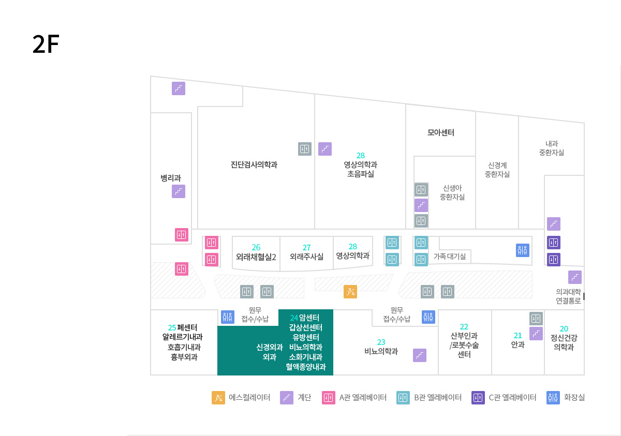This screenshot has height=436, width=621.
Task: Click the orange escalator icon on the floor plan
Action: tap(350, 292)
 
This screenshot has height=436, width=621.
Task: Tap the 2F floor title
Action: tap(46, 45)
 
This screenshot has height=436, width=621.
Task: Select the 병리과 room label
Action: tap(171, 178)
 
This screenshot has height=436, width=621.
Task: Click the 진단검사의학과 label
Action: tap(254, 165)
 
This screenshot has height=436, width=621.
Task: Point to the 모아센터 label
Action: tap(440, 132)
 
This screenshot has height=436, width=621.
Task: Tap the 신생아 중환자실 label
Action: tap(452, 192)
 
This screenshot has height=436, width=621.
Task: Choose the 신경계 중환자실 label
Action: tap(497, 170)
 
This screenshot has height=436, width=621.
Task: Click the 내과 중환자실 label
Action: tap(551, 148)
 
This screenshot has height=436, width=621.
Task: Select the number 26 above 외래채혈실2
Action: tap(256, 247)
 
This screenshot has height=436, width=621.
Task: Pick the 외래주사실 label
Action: tap(306, 256)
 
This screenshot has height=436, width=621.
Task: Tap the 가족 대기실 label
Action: tap(449, 256)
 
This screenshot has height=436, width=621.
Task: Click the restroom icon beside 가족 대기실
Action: tap(523, 250)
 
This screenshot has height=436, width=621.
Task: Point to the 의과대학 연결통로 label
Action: tap(568, 296)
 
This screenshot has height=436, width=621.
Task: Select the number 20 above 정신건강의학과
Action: tap(564, 328)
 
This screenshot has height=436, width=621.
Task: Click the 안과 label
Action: tap(517, 344)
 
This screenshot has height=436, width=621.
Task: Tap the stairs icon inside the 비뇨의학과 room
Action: tap(420, 355)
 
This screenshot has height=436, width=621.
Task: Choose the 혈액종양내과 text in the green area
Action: tap(305, 367)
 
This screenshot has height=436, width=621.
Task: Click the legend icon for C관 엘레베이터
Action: tap(478, 398)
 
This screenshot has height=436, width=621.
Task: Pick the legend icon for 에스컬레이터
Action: tap(218, 398)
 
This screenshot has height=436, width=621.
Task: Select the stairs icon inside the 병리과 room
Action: tap(179, 191)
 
